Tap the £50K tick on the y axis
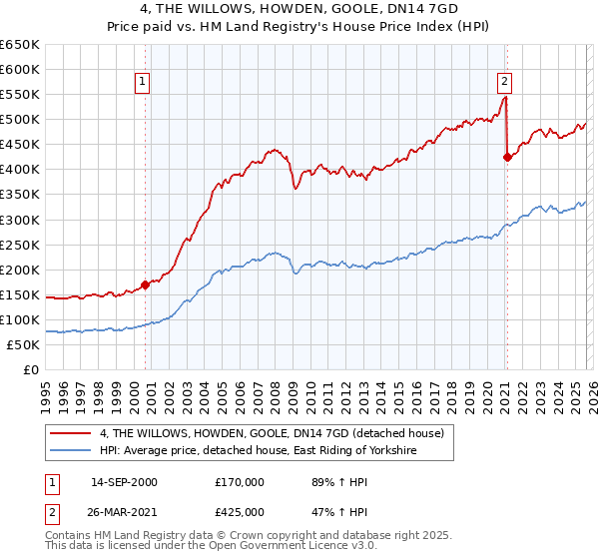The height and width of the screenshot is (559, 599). point(24,344)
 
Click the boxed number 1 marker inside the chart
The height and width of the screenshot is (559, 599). point(144,82)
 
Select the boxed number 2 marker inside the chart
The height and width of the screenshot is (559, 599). point(505,82)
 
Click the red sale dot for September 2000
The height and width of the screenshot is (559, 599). point(146,284)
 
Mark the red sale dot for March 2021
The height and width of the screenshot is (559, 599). point(507,157)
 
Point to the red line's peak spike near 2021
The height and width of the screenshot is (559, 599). point(506,97)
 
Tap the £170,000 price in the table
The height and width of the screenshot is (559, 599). point(240,482)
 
